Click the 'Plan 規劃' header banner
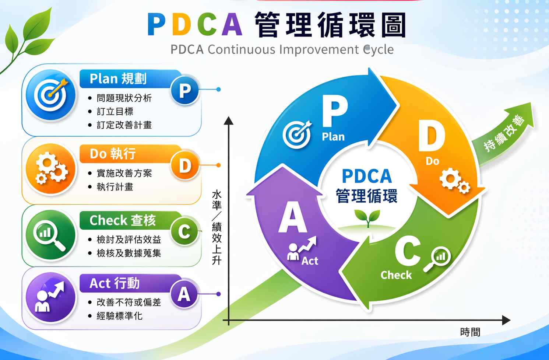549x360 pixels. pyautogui.click(x=130, y=79)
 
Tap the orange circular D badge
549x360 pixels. pyautogui.click(x=185, y=165)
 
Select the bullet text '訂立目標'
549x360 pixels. pyautogui.click(x=115, y=112)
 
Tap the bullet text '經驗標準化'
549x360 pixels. pyautogui.click(x=119, y=316)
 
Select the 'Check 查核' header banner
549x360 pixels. pyautogui.click(x=130, y=220)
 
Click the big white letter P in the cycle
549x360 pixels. pyautogui.click(x=335, y=111)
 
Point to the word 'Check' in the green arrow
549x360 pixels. pyautogui.click(x=396, y=275)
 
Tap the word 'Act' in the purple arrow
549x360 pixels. pyautogui.click(x=310, y=261)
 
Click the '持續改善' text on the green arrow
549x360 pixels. pyautogui.click(x=505, y=133)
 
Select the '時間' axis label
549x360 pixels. pyautogui.click(x=470, y=332)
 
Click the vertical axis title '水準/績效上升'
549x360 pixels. pyautogui.click(x=217, y=228)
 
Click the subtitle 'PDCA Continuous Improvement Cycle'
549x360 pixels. pyautogui.click(x=282, y=49)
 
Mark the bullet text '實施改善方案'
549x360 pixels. pyautogui.click(x=124, y=174)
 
